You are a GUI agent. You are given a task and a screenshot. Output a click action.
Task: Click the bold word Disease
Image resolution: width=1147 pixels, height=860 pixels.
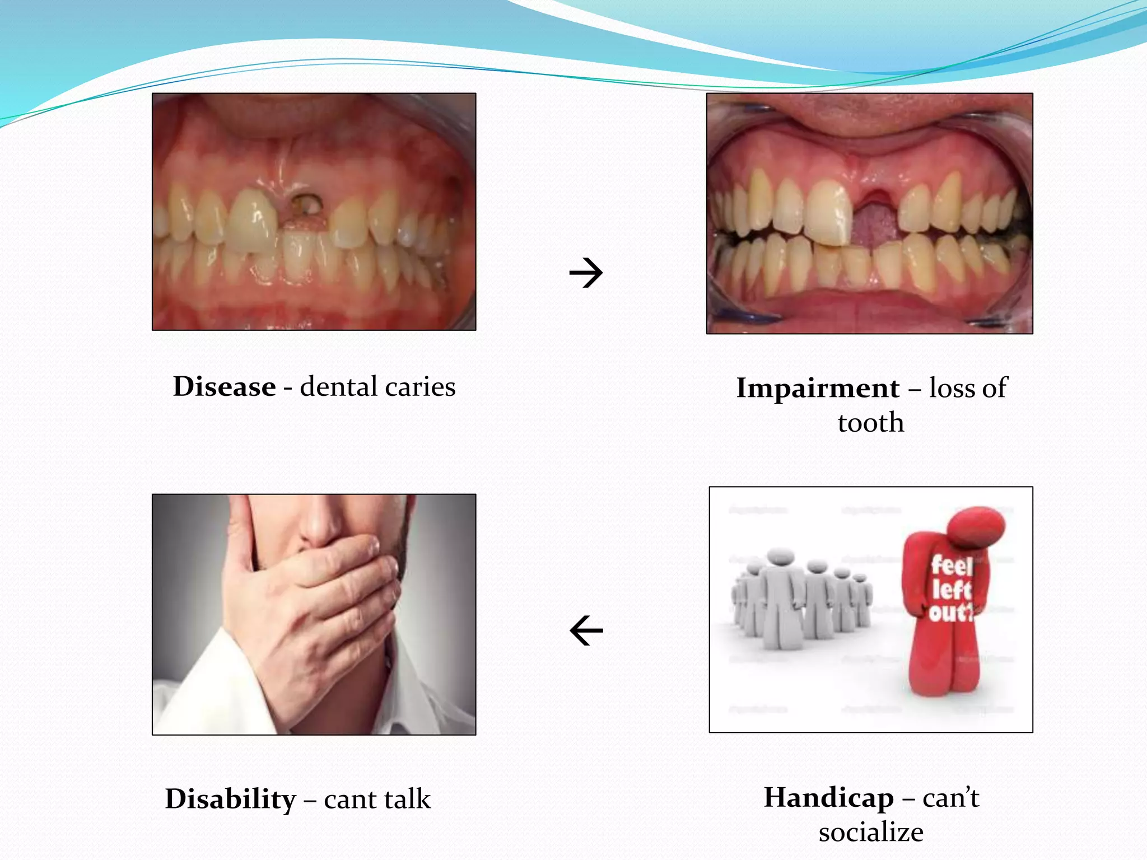click(x=224, y=387)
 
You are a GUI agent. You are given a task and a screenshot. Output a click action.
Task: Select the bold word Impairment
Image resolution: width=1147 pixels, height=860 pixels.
click(x=818, y=389)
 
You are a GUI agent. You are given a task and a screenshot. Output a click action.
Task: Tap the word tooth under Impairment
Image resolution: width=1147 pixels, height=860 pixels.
click(x=871, y=423)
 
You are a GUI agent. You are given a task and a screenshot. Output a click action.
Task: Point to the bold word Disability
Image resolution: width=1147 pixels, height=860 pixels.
click(x=230, y=799)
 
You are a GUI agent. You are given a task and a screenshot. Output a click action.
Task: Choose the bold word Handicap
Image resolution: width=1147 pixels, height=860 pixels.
click(x=828, y=797)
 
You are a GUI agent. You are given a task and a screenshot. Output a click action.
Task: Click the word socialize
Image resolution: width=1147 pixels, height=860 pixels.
click(x=871, y=832)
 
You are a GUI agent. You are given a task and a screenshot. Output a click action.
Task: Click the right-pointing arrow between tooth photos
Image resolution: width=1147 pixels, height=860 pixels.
click(x=586, y=273)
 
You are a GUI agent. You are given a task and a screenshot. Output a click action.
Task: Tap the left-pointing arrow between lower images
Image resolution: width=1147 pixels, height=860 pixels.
click(x=586, y=631)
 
